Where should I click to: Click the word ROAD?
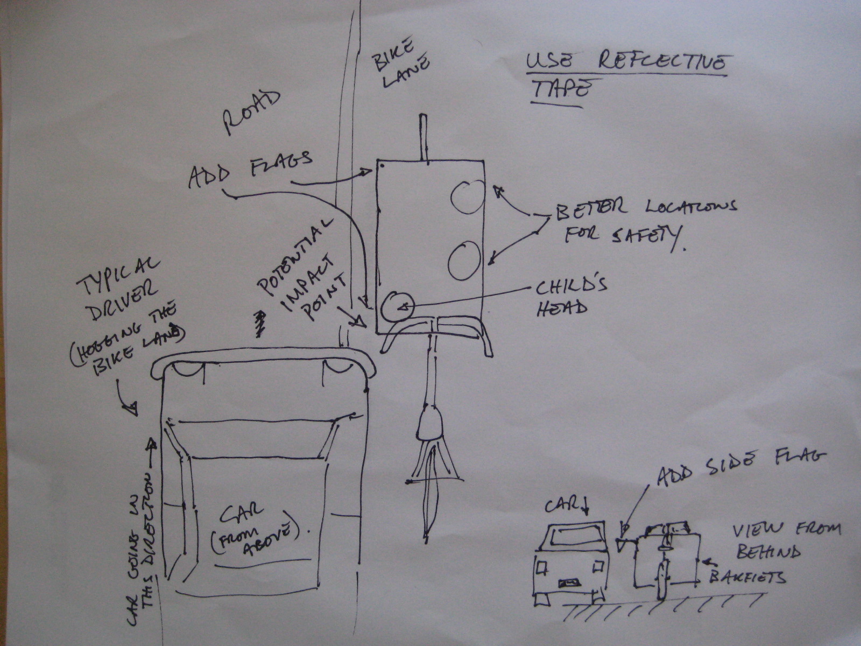(252, 114)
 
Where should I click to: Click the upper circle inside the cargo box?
(466, 196)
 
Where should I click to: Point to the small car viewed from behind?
(570, 563)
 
